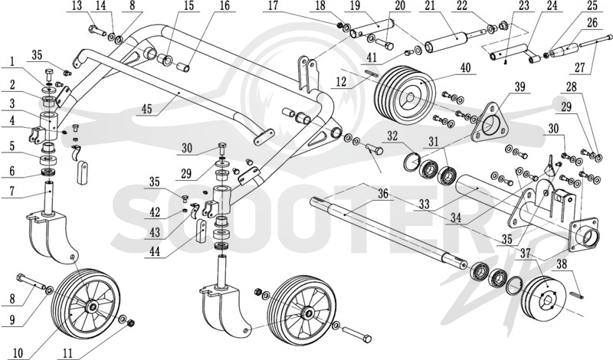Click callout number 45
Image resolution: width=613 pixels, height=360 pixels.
[146, 109]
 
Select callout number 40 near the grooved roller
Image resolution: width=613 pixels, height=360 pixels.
[465, 67]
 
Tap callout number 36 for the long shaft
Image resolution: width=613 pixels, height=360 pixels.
[383, 194]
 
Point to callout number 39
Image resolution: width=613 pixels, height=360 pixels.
[520, 87]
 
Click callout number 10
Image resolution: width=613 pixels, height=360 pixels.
[18, 353]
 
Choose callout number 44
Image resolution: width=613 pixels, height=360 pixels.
[156, 252]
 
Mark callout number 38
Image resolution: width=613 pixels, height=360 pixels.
[562, 264]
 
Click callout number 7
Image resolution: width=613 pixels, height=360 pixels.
[11, 191]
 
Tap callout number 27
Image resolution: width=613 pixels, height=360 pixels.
[580, 67]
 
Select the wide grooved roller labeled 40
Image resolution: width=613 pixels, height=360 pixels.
[405, 94]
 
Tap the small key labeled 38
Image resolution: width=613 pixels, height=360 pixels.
[579, 295]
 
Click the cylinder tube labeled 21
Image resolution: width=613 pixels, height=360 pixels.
[446, 41]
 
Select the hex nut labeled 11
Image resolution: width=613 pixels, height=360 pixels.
[131, 323]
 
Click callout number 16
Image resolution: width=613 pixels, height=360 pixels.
[225, 6]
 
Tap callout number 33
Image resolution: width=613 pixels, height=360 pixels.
[424, 204]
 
